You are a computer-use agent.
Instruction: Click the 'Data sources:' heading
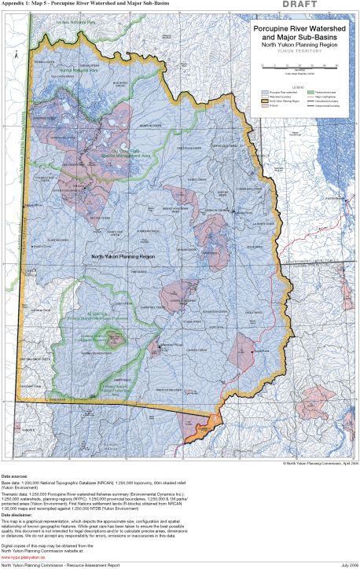tap(17, 475)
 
